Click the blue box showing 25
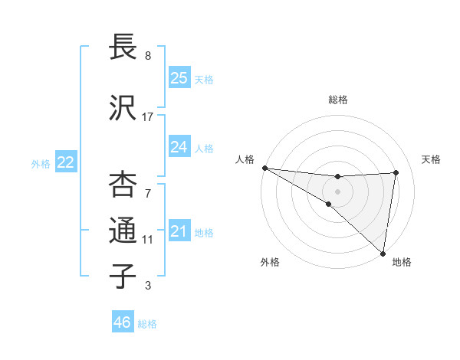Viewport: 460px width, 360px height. point(179,77)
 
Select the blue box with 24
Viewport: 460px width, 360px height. point(179,146)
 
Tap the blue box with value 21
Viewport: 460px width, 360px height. point(179,231)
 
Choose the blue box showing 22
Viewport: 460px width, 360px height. point(66,162)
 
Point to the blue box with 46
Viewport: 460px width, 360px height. point(123,322)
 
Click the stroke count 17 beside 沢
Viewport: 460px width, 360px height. point(148,117)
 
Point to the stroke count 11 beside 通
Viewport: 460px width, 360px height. point(148,240)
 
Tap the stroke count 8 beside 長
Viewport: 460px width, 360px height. point(148,56)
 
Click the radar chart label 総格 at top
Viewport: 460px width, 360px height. point(338,100)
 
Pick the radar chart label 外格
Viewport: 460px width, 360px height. point(270,263)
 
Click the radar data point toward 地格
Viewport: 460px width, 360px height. point(383,253)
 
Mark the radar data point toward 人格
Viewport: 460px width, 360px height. point(264,168)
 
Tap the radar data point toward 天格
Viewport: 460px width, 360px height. point(396,172)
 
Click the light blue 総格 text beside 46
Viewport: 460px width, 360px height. point(147,324)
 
